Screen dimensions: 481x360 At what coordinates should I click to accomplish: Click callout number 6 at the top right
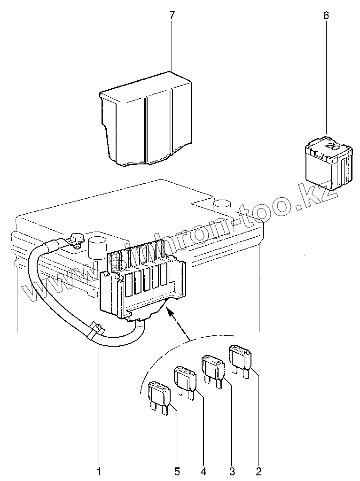point(326,15)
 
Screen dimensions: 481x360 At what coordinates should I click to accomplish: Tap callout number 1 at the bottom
point(99,470)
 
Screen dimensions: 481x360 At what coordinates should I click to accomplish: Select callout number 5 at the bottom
point(177,470)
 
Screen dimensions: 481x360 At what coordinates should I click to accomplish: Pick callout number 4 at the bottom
point(204,470)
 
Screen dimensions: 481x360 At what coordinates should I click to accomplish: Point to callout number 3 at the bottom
point(231,470)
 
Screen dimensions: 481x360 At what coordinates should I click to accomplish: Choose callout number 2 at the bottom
point(258,470)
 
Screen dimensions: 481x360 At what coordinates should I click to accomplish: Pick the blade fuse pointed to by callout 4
point(186,380)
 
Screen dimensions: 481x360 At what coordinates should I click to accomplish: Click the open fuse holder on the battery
point(143,282)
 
